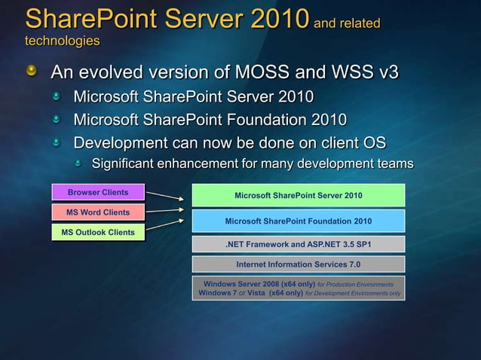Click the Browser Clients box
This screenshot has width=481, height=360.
coord(98,192)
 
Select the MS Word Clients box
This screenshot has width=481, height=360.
coord(98,212)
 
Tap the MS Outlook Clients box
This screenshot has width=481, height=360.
coord(98,232)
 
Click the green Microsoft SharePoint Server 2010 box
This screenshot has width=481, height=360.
coord(299,196)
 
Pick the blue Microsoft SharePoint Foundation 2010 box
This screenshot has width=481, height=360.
coord(299,221)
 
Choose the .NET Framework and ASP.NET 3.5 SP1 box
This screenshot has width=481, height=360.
coord(299,244)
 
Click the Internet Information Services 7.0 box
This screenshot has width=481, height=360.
coord(299,264)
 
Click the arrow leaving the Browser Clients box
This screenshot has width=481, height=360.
coord(164,196)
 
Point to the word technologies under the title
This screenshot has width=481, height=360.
coord(62,39)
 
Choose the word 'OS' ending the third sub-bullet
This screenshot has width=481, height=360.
coord(373,142)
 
